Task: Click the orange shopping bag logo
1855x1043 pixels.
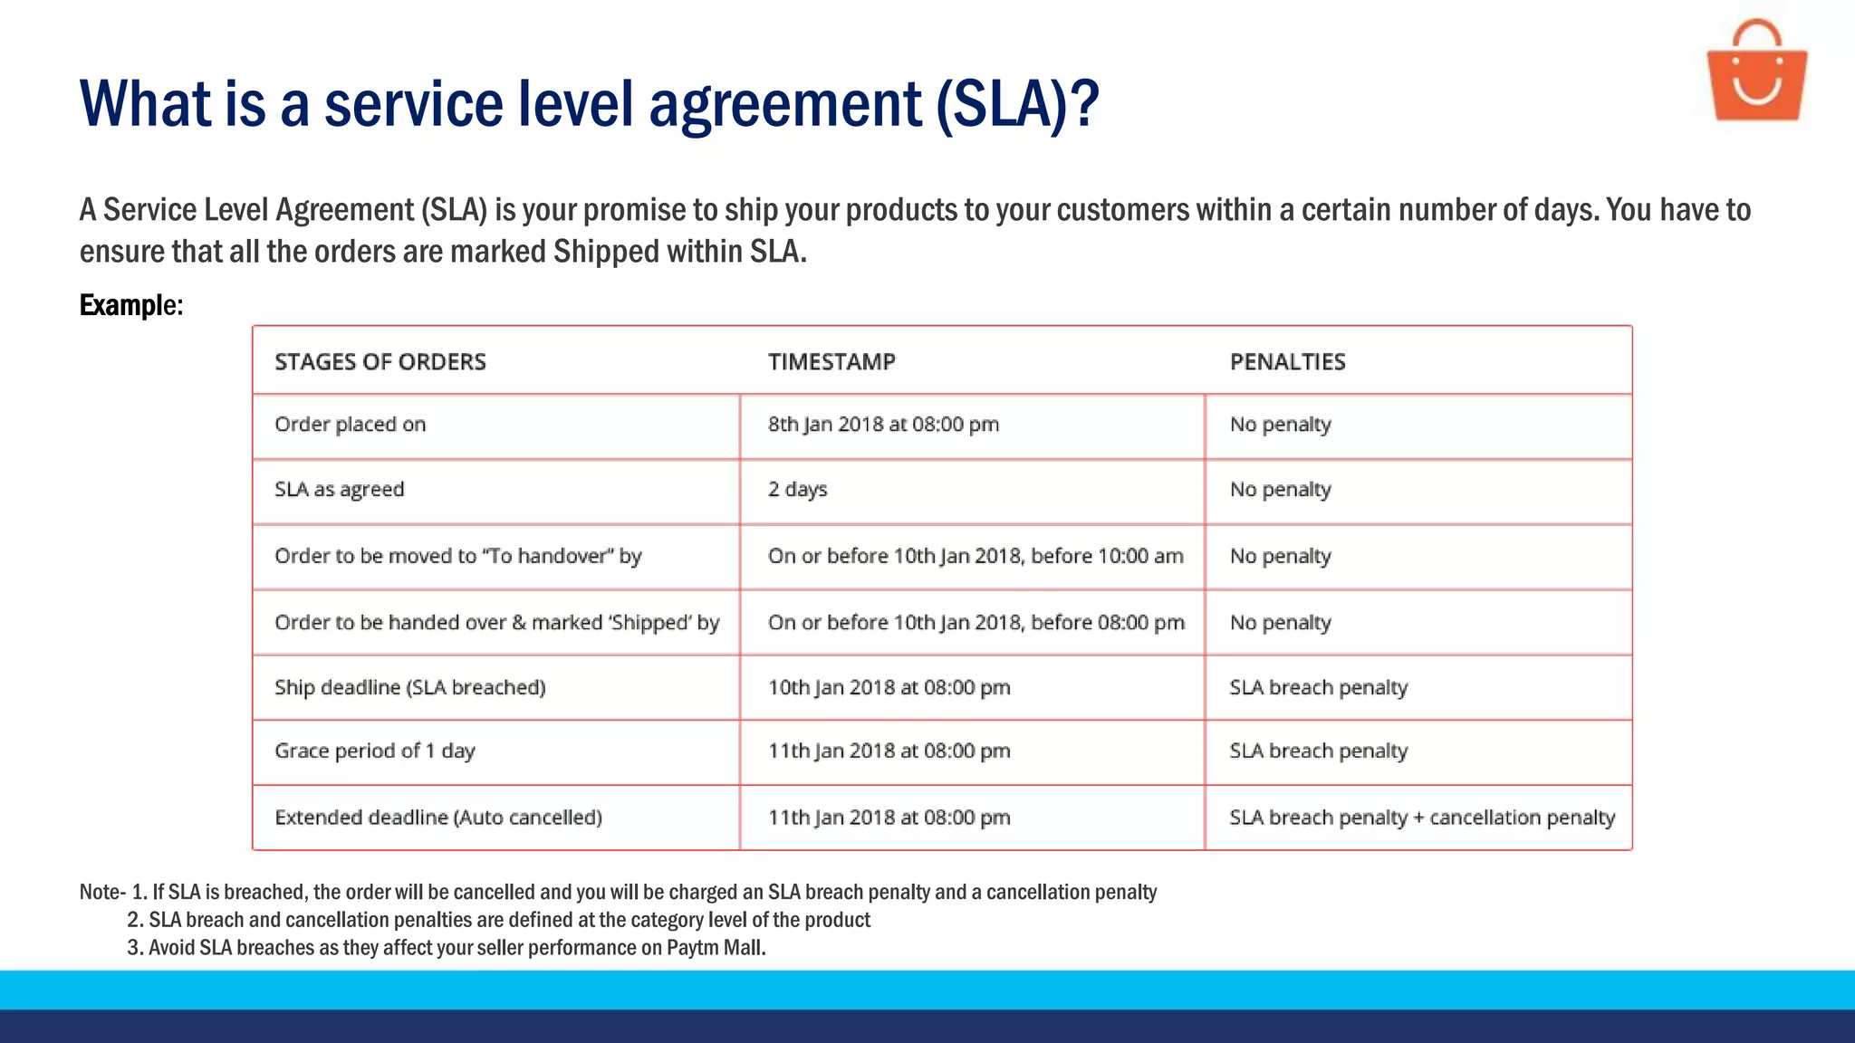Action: click(1756, 72)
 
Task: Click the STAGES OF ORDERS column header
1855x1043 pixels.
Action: click(380, 362)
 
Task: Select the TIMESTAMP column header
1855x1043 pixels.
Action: click(831, 362)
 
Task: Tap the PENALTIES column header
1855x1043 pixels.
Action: click(1287, 362)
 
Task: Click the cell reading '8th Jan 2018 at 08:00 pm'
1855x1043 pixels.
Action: click(883, 425)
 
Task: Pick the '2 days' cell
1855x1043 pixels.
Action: click(797, 490)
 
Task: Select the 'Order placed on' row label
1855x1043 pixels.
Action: click(350, 425)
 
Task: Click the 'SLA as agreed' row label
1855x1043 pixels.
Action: click(339, 490)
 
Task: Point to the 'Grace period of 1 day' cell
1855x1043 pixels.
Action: click(374, 751)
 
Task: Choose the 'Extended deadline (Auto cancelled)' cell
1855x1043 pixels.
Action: click(437, 818)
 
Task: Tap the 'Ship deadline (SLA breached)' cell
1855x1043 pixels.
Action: click(409, 687)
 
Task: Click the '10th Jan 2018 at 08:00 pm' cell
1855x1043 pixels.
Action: click(889, 687)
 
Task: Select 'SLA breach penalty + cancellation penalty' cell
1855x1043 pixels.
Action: click(1421, 818)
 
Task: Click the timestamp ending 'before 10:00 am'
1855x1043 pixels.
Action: click(976, 556)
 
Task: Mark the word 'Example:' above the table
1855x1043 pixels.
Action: click(131, 305)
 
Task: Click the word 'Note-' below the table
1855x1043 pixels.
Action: click(101, 892)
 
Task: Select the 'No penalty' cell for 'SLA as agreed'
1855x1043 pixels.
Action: click(1280, 490)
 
